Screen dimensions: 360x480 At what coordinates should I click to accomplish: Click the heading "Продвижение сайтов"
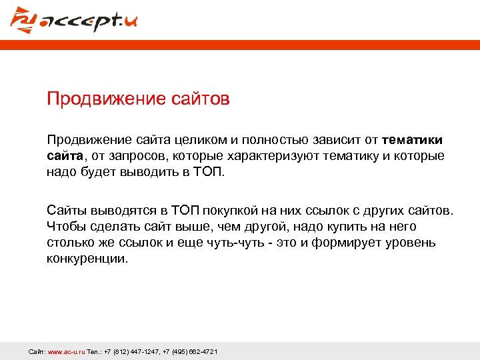click(138, 99)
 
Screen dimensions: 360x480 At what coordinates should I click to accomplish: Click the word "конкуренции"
click(87, 259)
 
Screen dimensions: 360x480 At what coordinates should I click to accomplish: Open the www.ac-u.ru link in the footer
click(66, 351)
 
